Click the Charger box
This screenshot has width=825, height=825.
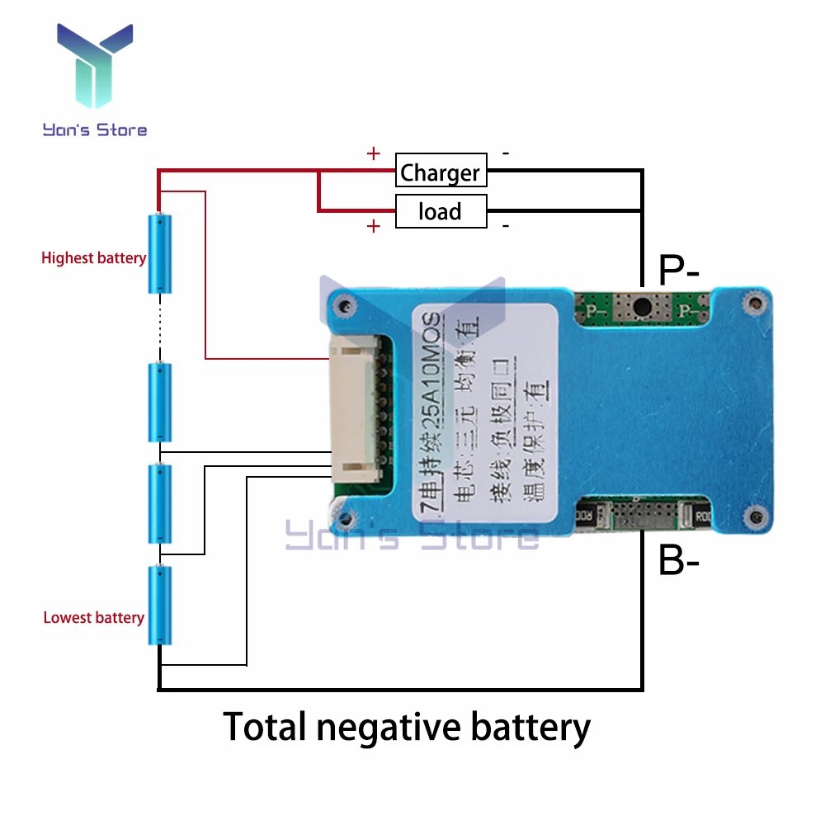point(441,172)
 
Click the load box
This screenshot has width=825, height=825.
point(441,212)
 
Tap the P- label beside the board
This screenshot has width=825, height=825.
point(679,270)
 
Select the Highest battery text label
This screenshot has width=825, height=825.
point(93,258)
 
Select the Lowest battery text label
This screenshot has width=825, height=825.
point(93,618)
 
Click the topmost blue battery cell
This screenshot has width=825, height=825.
point(160,253)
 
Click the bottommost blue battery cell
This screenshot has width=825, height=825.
point(160,606)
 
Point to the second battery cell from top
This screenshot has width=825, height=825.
point(160,403)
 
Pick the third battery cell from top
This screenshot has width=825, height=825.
point(160,503)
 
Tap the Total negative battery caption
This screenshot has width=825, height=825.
point(407,728)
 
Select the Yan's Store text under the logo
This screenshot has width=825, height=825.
point(95,130)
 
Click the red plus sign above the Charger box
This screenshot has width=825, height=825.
point(374,153)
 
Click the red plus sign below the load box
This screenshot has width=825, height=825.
point(374,226)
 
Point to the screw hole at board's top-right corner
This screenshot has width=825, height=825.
point(752,304)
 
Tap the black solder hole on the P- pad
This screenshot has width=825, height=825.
point(640,308)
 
